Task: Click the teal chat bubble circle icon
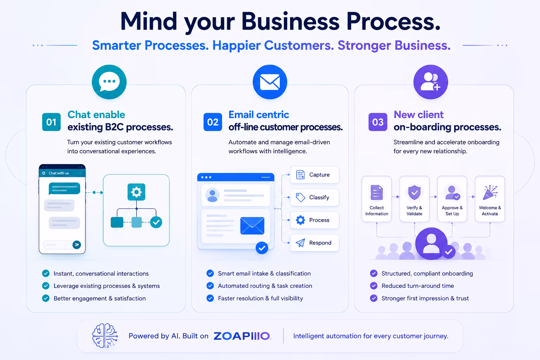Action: tap(109, 82)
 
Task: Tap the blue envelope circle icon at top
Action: tap(270, 82)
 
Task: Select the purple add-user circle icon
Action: tap(431, 82)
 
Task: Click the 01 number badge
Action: tap(51, 122)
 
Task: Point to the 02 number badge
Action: tap(213, 122)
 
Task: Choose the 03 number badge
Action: tap(378, 122)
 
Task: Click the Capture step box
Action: tap(315, 175)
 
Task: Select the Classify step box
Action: tap(315, 197)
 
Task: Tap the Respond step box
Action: tap(315, 243)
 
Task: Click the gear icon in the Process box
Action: tap(300, 220)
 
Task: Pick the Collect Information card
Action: tap(377, 199)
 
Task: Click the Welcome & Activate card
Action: tap(490, 199)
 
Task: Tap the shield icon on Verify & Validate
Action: tap(414, 192)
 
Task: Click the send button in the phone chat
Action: tap(77, 245)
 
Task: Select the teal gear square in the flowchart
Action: tap(136, 192)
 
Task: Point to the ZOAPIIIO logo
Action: tap(242, 336)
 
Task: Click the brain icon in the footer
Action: tap(105, 336)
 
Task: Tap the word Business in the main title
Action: tap(290, 22)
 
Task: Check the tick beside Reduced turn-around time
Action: tap(374, 286)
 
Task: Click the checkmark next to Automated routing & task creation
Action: tap(210, 286)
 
